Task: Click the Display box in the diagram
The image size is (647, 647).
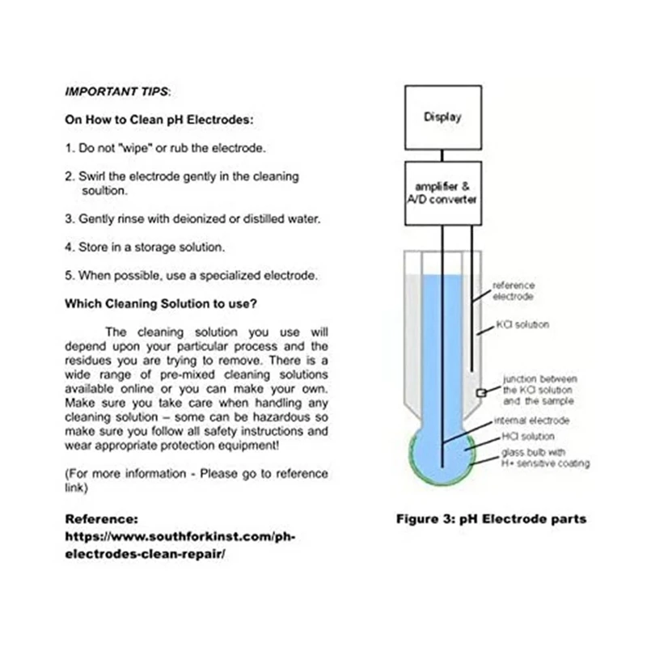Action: (x=442, y=117)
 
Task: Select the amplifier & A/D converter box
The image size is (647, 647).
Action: (x=442, y=193)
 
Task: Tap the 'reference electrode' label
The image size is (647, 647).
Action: (x=514, y=291)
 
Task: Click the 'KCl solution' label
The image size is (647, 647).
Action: (x=522, y=325)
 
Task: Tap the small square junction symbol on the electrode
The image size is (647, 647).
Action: (x=480, y=392)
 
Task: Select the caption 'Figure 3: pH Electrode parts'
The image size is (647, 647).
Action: (x=491, y=518)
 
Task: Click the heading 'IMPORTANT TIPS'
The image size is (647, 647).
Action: (x=116, y=92)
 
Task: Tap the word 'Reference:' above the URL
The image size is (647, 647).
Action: (x=101, y=518)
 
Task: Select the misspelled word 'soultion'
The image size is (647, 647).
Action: (x=104, y=191)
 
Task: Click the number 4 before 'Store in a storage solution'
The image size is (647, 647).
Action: (x=69, y=247)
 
